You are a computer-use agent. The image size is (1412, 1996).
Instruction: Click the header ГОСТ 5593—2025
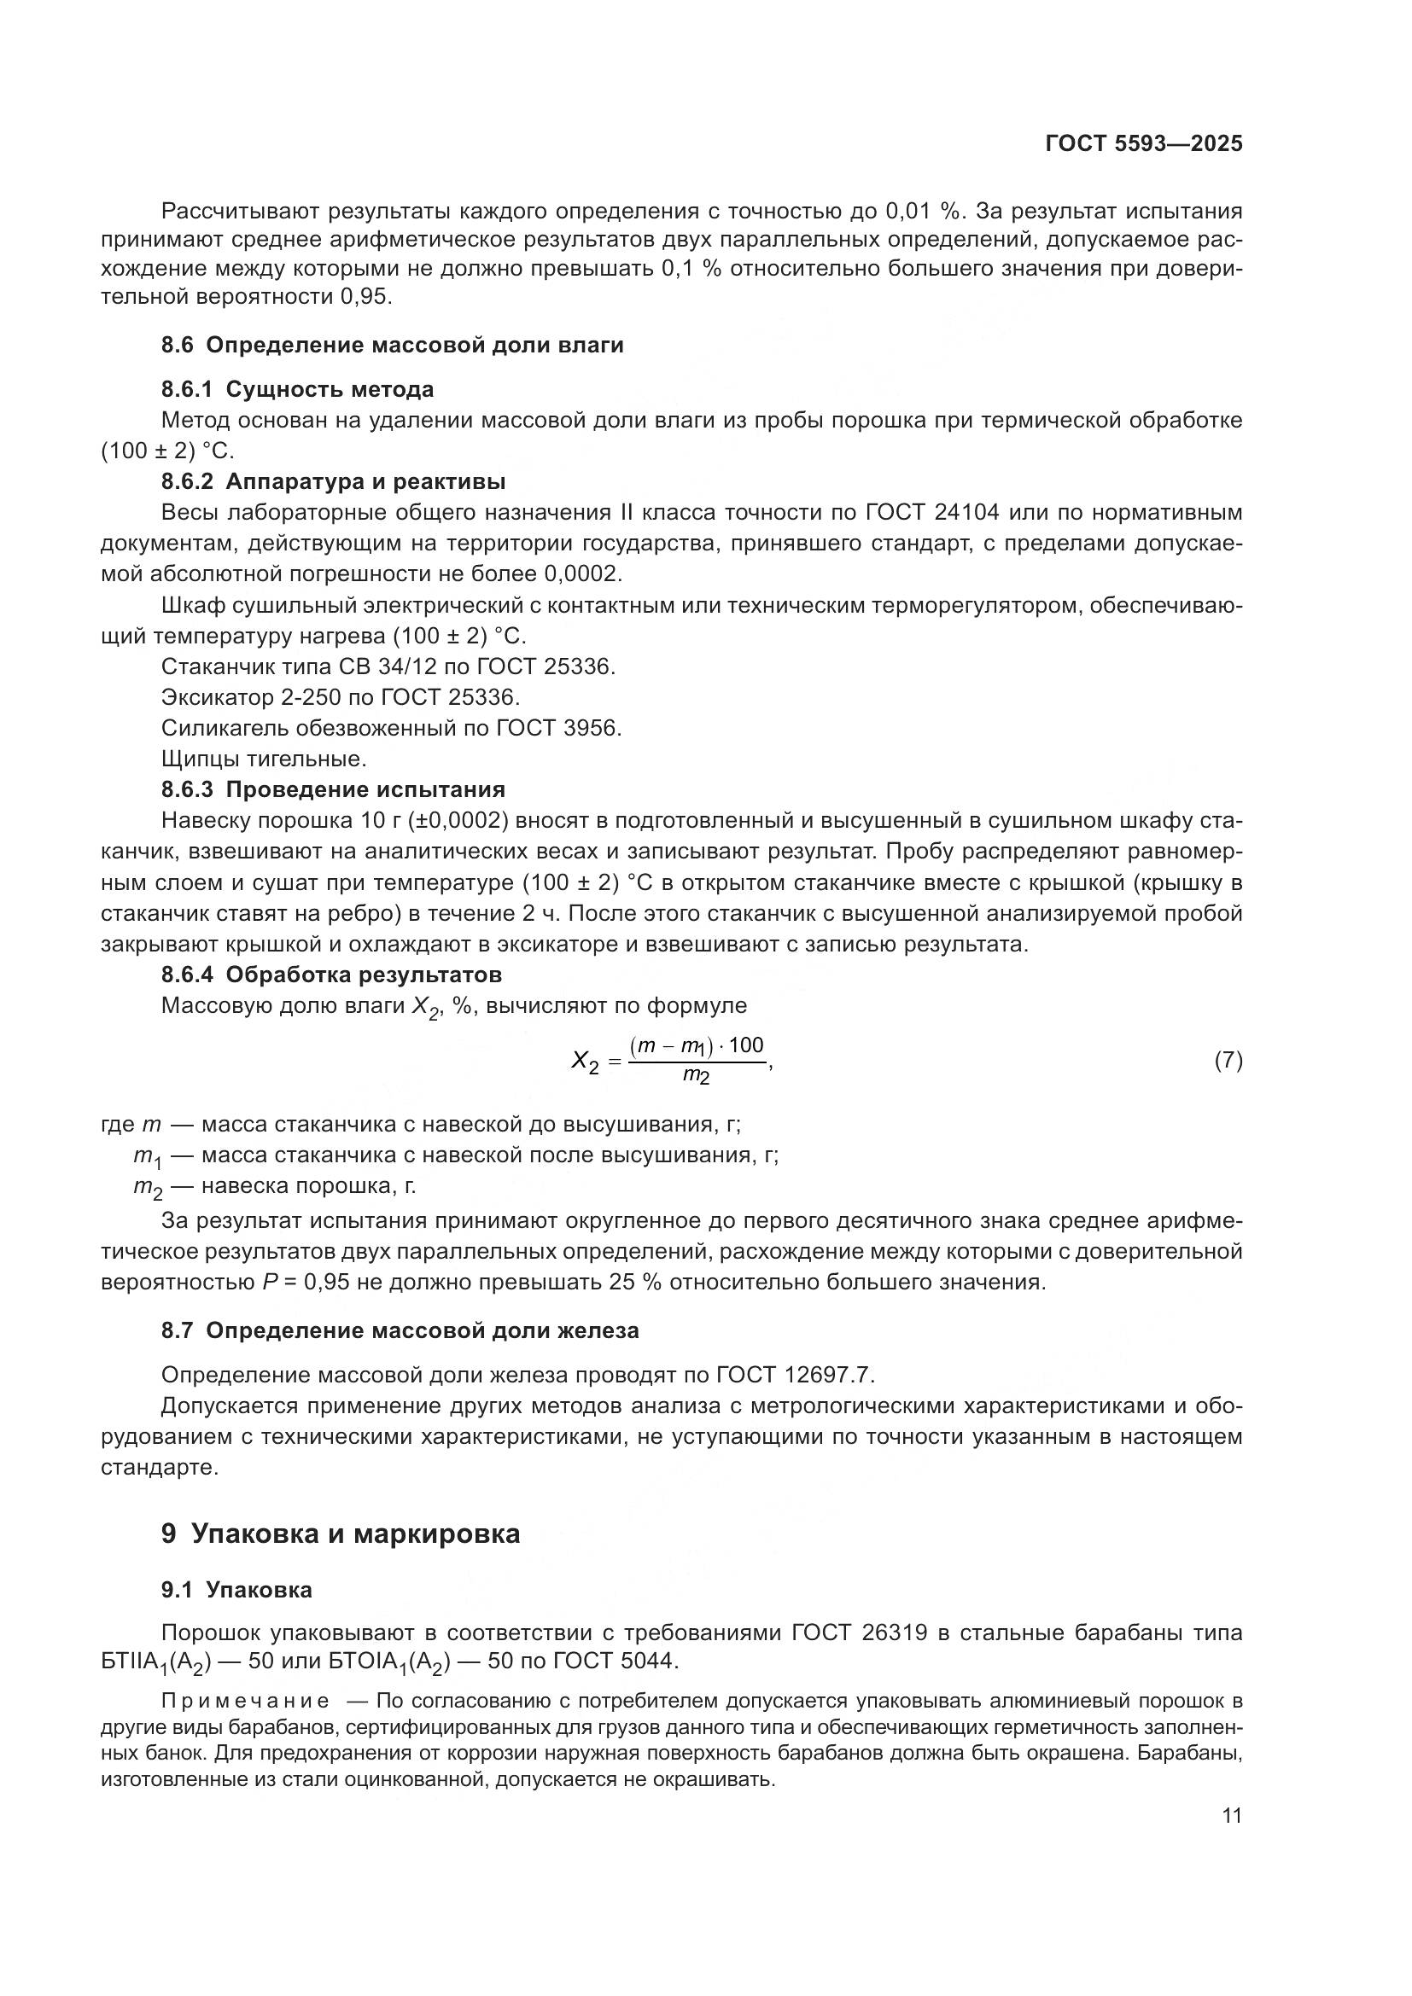point(1143,144)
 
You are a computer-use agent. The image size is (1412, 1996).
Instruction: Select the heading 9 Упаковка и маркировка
point(340,1533)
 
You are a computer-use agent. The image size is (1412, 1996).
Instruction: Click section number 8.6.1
point(187,388)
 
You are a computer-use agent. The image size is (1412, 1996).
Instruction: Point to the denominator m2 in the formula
point(696,1076)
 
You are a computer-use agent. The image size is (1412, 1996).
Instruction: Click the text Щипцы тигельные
point(264,758)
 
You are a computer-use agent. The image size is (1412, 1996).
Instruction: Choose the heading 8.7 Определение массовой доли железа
point(400,1330)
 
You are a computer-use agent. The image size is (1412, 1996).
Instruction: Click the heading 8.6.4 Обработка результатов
point(331,974)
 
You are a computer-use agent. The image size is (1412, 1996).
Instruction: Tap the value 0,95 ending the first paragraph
point(365,296)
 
